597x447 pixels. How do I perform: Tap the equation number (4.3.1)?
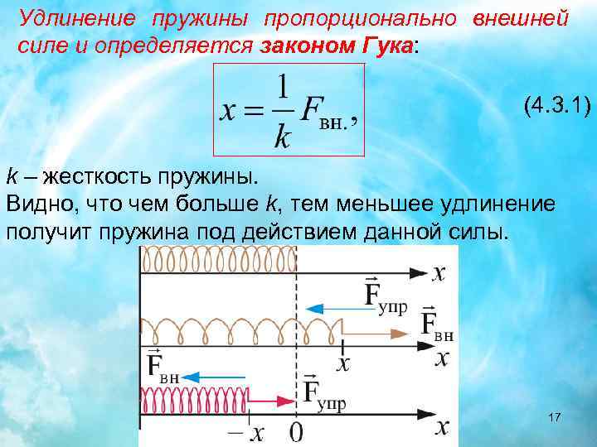(556, 104)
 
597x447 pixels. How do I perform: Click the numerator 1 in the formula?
(283, 88)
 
